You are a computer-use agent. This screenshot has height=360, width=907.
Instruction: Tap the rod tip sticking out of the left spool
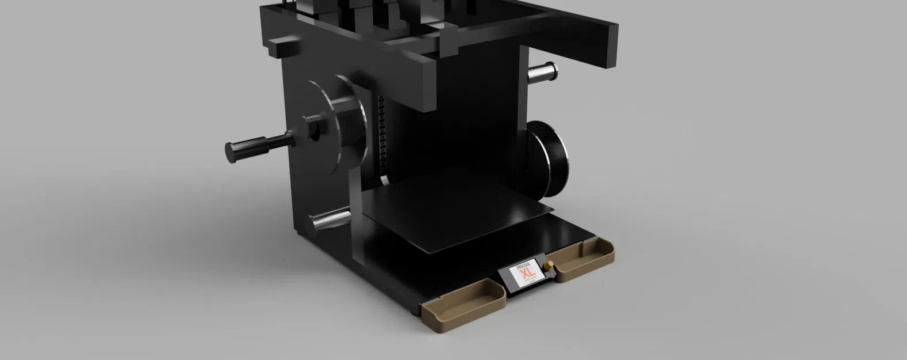click(x=230, y=151)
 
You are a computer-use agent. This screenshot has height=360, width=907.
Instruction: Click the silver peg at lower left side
click(x=328, y=220)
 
